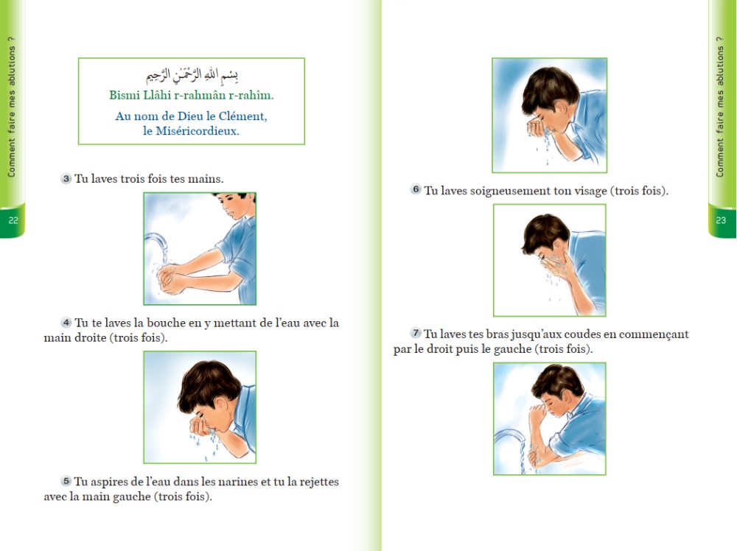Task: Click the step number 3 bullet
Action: [66, 178]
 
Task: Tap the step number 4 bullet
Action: [66, 323]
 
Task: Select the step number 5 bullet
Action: [66, 481]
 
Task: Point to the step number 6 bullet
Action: [416, 189]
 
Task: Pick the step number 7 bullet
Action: [416, 333]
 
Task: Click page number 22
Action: [13, 220]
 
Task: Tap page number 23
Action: [721, 220]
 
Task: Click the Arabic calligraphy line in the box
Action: [192, 74]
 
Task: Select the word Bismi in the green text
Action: [125, 95]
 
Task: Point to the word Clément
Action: [243, 116]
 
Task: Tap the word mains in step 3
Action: [206, 179]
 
